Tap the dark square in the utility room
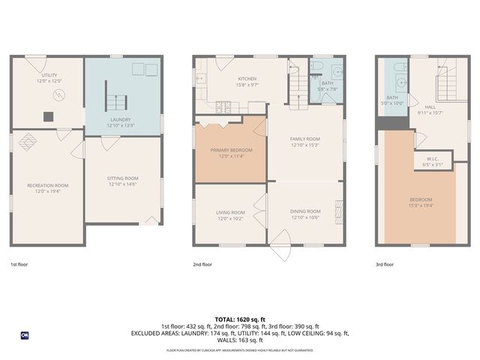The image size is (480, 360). click(x=49, y=115)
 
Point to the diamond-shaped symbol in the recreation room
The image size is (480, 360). click(x=27, y=139)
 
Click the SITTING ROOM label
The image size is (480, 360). click(x=122, y=178)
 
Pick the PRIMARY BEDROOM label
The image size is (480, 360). click(x=231, y=150)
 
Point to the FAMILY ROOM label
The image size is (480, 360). click(x=305, y=139)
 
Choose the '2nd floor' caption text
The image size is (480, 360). click(x=202, y=265)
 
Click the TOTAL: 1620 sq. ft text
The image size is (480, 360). click(x=240, y=319)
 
